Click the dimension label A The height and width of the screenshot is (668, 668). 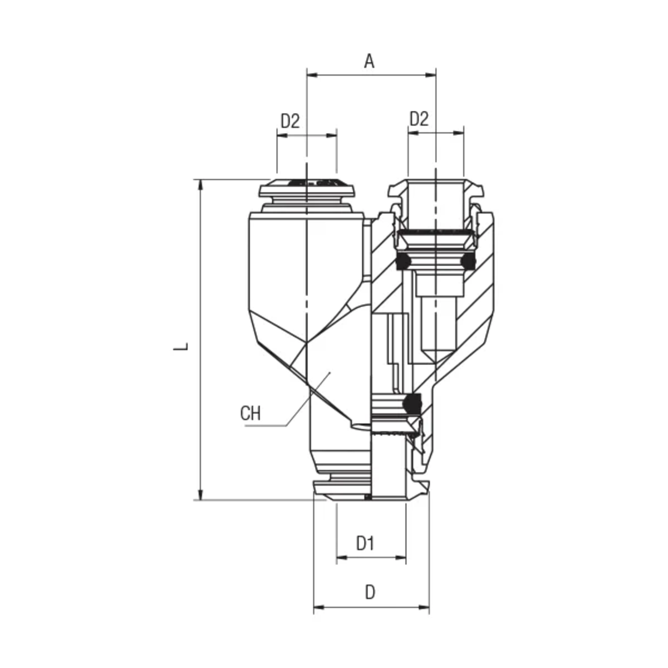[x=369, y=62]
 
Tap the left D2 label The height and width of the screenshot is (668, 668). [x=290, y=121]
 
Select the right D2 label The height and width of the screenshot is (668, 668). [x=419, y=119]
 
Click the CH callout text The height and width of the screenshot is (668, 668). [x=250, y=413]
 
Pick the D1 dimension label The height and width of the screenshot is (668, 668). [x=366, y=543]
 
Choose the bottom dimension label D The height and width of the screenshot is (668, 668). [x=370, y=592]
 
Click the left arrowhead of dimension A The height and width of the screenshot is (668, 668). [x=312, y=75]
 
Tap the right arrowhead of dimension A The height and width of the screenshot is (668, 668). [x=430, y=75]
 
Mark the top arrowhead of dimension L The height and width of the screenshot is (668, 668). [x=200, y=185]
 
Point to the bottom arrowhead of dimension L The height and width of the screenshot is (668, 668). [x=200, y=494]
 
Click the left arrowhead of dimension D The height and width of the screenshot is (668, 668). [x=319, y=607]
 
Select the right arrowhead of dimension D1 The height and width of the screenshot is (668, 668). [x=400, y=557]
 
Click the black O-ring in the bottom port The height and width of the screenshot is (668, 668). [x=412, y=403]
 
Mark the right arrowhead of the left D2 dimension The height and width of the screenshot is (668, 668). [x=332, y=135]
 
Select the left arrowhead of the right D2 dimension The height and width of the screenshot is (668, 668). [x=414, y=133]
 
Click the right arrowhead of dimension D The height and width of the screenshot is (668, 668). [x=424, y=607]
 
